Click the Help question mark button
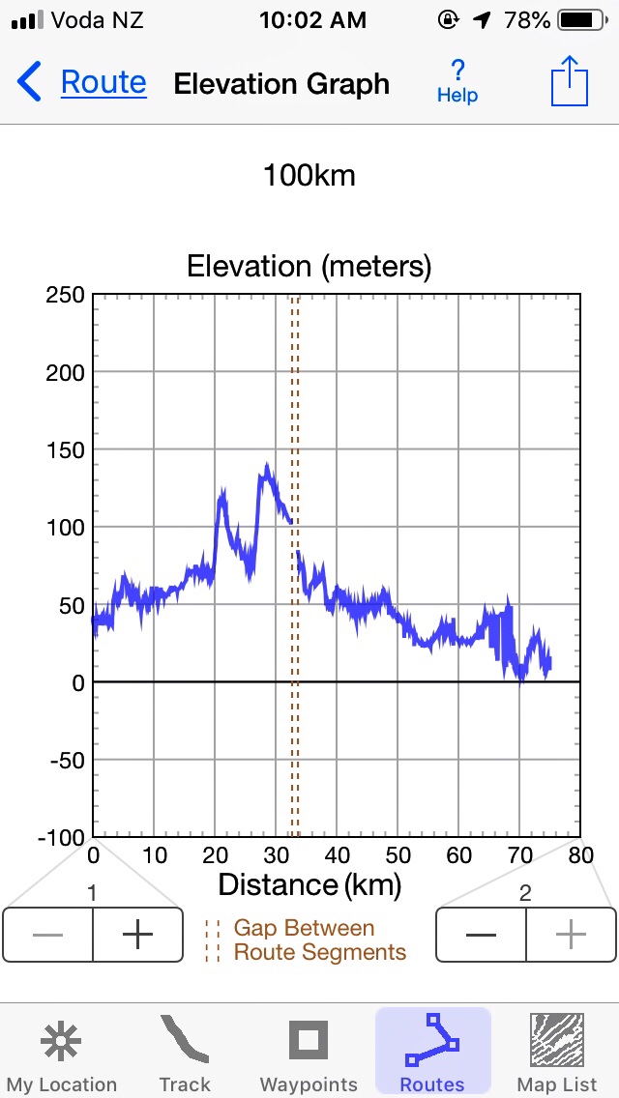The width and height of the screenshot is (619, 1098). click(457, 81)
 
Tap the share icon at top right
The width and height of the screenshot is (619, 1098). click(569, 82)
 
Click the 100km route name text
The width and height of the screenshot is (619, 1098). click(309, 176)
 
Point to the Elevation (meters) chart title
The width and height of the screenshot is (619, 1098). click(309, 266)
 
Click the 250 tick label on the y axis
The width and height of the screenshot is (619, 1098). click(65, 295)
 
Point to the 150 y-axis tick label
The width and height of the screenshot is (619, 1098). click(65, 449)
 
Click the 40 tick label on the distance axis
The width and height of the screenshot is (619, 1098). click(338, 855)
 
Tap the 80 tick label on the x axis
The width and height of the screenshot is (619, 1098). click(580, 855)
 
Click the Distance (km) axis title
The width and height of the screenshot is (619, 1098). click(309, 884)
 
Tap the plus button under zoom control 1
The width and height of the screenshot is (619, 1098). click(138, 935)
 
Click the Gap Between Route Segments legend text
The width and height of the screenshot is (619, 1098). click(319, 940)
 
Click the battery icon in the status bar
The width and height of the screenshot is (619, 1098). click(579, 19)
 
